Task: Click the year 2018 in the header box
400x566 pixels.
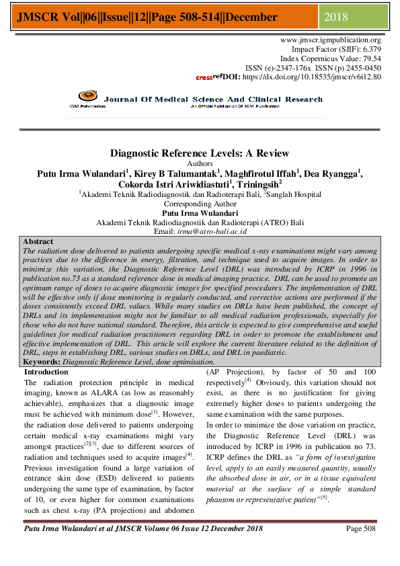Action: [x=336, y=16]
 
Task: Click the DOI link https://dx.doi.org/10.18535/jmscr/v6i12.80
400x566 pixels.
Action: [x=311, y=77]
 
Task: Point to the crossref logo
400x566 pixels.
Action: [x=209, y=77]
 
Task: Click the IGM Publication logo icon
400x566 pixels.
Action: [x=87, y=98]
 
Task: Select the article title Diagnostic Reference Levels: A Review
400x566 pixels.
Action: [x=199, y=153]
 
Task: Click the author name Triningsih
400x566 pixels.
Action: [x=258, y=184]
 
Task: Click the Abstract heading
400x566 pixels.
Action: [x=38, y=241]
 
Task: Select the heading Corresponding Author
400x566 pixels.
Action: [x=200, y=204]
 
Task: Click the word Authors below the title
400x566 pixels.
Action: [x=200, y=163]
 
